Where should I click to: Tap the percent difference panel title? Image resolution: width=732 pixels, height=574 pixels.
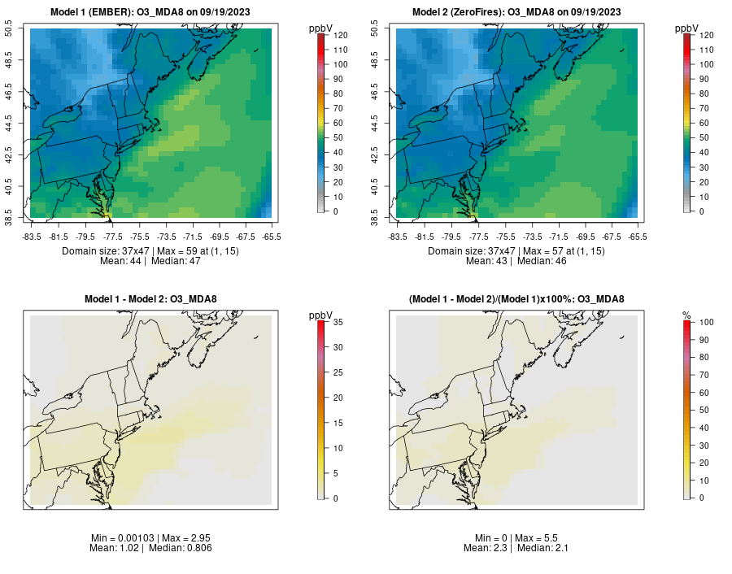(x=517, y=299)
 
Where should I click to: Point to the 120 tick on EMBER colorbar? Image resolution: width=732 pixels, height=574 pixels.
(x=341, y=36)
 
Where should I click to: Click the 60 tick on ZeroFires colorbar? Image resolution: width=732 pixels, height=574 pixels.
(x=704, y=123)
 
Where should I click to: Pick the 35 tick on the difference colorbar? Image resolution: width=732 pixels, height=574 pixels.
(x=341, y=323)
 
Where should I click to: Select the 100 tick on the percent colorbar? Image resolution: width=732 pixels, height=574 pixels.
(x=707, y=323)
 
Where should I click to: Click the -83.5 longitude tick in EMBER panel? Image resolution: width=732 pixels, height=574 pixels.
(x=31, y=237)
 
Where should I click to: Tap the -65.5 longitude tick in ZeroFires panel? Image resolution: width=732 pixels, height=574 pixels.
(x=637, y=237)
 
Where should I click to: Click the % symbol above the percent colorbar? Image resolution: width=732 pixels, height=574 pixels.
(x=686, y=315)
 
